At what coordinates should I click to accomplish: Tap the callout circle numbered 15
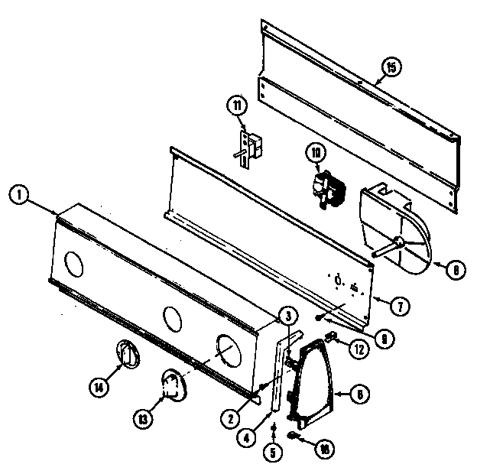(390, 68)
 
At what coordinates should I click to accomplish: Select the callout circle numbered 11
(238, 104)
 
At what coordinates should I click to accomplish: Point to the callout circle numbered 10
(315, 152)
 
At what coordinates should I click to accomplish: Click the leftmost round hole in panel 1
(74, 265)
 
